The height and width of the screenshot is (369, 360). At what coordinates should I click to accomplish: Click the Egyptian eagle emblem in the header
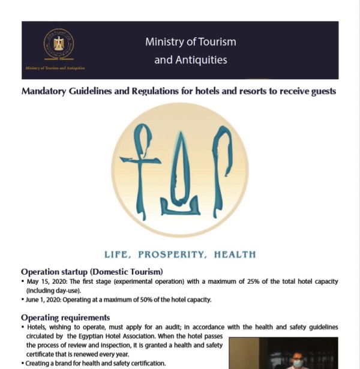tap(59, 43)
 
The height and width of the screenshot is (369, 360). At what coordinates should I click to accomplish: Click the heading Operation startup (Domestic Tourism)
tap(92, 271)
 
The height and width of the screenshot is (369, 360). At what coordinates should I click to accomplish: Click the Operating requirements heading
tap(65, 317)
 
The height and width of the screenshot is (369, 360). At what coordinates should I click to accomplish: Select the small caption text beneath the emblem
tap(55, 68)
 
